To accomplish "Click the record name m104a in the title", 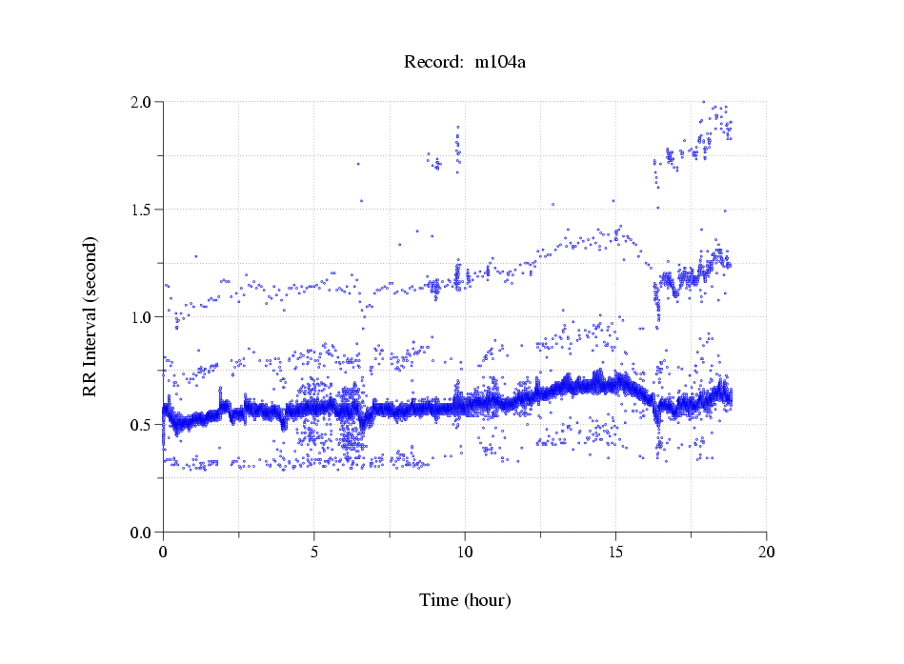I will point(501,63).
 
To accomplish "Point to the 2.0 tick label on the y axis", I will point(145,102).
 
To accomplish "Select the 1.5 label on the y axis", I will point(145,210).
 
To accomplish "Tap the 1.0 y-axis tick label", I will point(145,317).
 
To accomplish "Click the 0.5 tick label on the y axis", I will point(145,425).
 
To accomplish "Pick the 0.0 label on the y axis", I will point(145,533).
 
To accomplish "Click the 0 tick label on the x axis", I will point(163,552).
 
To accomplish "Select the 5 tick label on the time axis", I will point(313,552).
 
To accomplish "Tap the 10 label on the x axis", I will point(464,552).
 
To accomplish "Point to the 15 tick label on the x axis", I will point(615,552).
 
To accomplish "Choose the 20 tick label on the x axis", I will point(766,552).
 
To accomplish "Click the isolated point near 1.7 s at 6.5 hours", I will point(358,164).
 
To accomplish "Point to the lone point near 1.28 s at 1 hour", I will point(196,256).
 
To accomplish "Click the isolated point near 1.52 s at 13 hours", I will point(553,204).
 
